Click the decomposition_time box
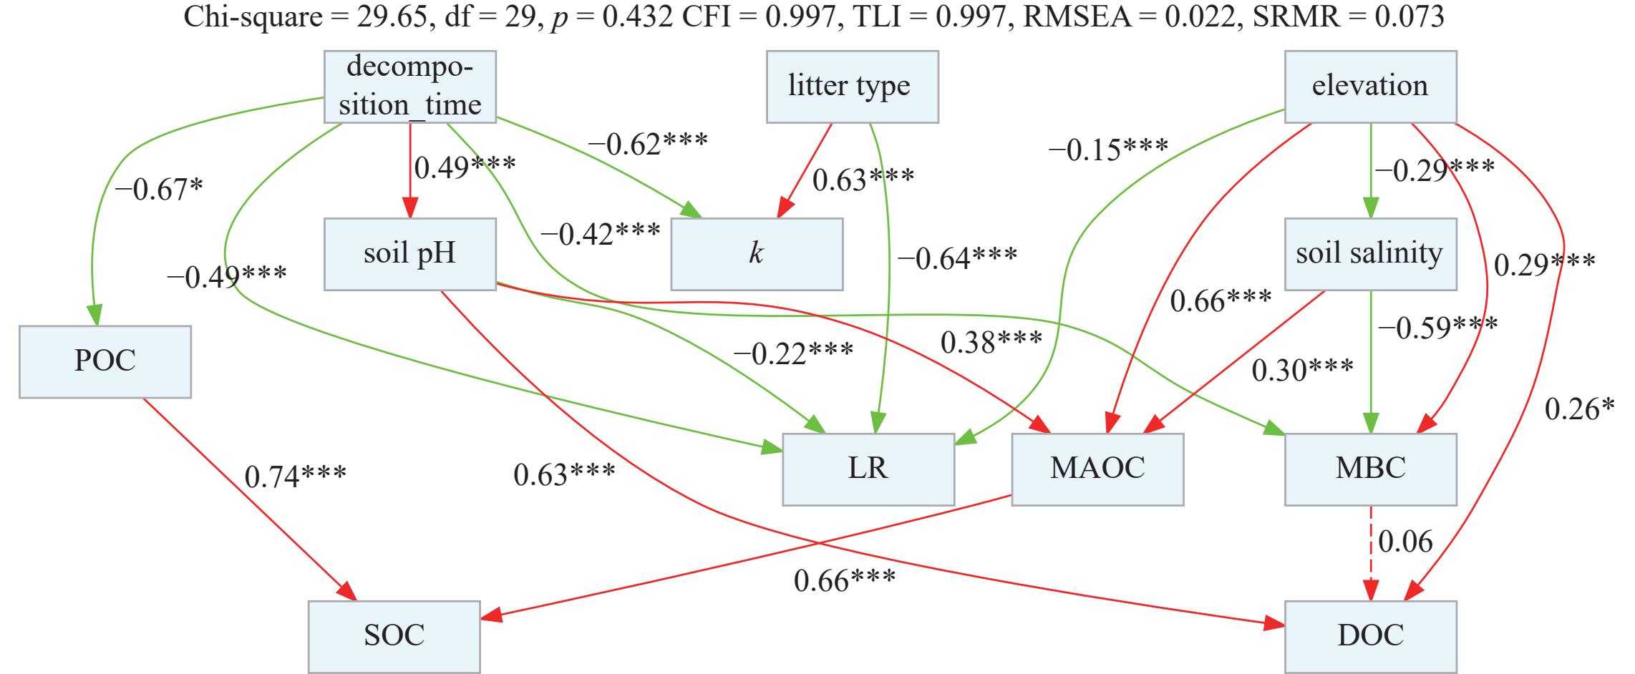[x=410, y=87]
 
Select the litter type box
[x=852, y=87]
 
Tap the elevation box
[x=1370, y=87]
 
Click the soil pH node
[x=410, y=254]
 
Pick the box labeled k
[x=757, y=254]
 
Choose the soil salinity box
[x=1370, y=254]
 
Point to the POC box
[x=105, y=361]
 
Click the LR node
[x=868, y=469]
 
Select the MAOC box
[x=1097, y=469]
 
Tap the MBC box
[x=1370, y=469]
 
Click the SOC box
[x=394, y=636]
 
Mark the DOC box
[x=1370, y=636]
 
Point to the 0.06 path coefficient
[x=1405, y=542]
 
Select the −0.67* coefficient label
[x=158, y=189]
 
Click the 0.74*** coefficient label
[x=296, y=476]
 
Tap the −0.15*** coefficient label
[x=1108, y=150]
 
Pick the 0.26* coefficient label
[x=1580, y=409]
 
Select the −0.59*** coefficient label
[x=1437, y=328]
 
